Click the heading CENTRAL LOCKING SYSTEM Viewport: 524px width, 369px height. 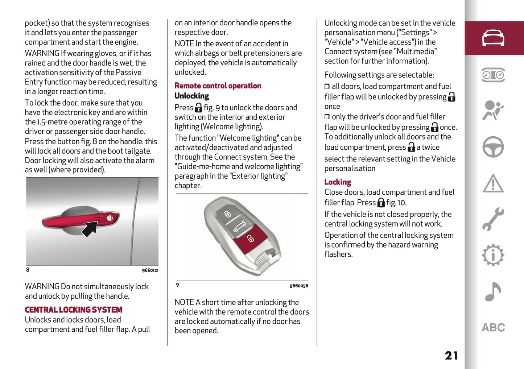tap(74, 310)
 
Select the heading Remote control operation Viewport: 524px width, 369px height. tap(218, 86)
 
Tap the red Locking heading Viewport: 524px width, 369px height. tap(338, 182)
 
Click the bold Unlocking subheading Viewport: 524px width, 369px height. tap(192, 96)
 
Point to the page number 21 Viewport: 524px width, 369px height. tap(451, 356)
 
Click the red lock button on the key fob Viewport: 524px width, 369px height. tap(250, 239)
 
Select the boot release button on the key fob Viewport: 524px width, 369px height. tap(239, 227)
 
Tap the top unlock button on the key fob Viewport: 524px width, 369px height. tap(227, 214)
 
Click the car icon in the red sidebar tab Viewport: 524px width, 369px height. tap(493, 38)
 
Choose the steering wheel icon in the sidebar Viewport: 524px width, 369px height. tap(493, 147)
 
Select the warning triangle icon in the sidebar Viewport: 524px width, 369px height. tap(493, 183)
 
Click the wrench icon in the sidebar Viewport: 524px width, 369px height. tap(493, 219)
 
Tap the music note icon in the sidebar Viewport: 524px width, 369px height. tap(493, 292)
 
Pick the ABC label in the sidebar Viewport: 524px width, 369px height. tap(493, 328)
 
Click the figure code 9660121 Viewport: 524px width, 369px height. tap(150, 270)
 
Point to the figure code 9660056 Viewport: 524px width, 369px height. tap(299, 286)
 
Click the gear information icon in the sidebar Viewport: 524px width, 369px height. tap(493, 256)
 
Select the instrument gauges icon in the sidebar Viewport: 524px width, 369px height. tap(493, 75)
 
